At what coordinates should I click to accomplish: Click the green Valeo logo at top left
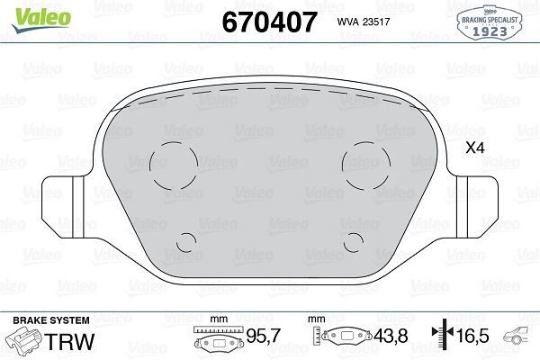coord(29,12)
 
